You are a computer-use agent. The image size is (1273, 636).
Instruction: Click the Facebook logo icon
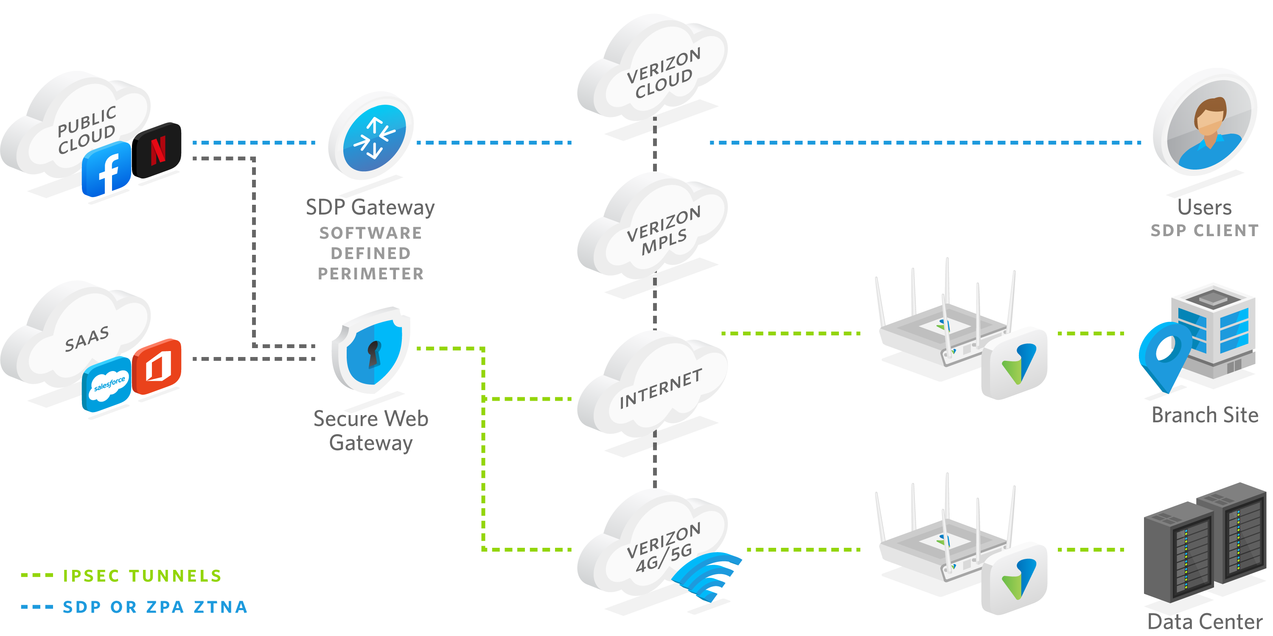point(107,169)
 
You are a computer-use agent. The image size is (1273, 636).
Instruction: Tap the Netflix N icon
point(159,150)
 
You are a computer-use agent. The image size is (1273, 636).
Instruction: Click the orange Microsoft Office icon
point(157,366)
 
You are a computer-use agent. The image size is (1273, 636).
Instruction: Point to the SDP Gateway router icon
point(370,136)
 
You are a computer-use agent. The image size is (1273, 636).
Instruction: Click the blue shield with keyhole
point(372,350)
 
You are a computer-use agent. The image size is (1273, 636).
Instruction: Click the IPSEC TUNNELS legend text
point(142,576)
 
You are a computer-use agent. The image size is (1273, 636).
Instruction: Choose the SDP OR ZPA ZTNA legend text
point(155,607)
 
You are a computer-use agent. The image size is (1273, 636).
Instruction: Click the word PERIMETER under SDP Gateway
point(370,273)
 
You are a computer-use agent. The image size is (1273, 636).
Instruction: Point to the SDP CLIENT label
point(1204,231)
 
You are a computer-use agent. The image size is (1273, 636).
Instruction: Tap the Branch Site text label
point(1205,415)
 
